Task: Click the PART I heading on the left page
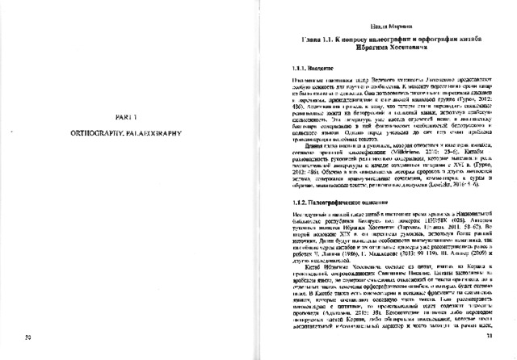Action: pos(125,117)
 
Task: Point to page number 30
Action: pos(28,337)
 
